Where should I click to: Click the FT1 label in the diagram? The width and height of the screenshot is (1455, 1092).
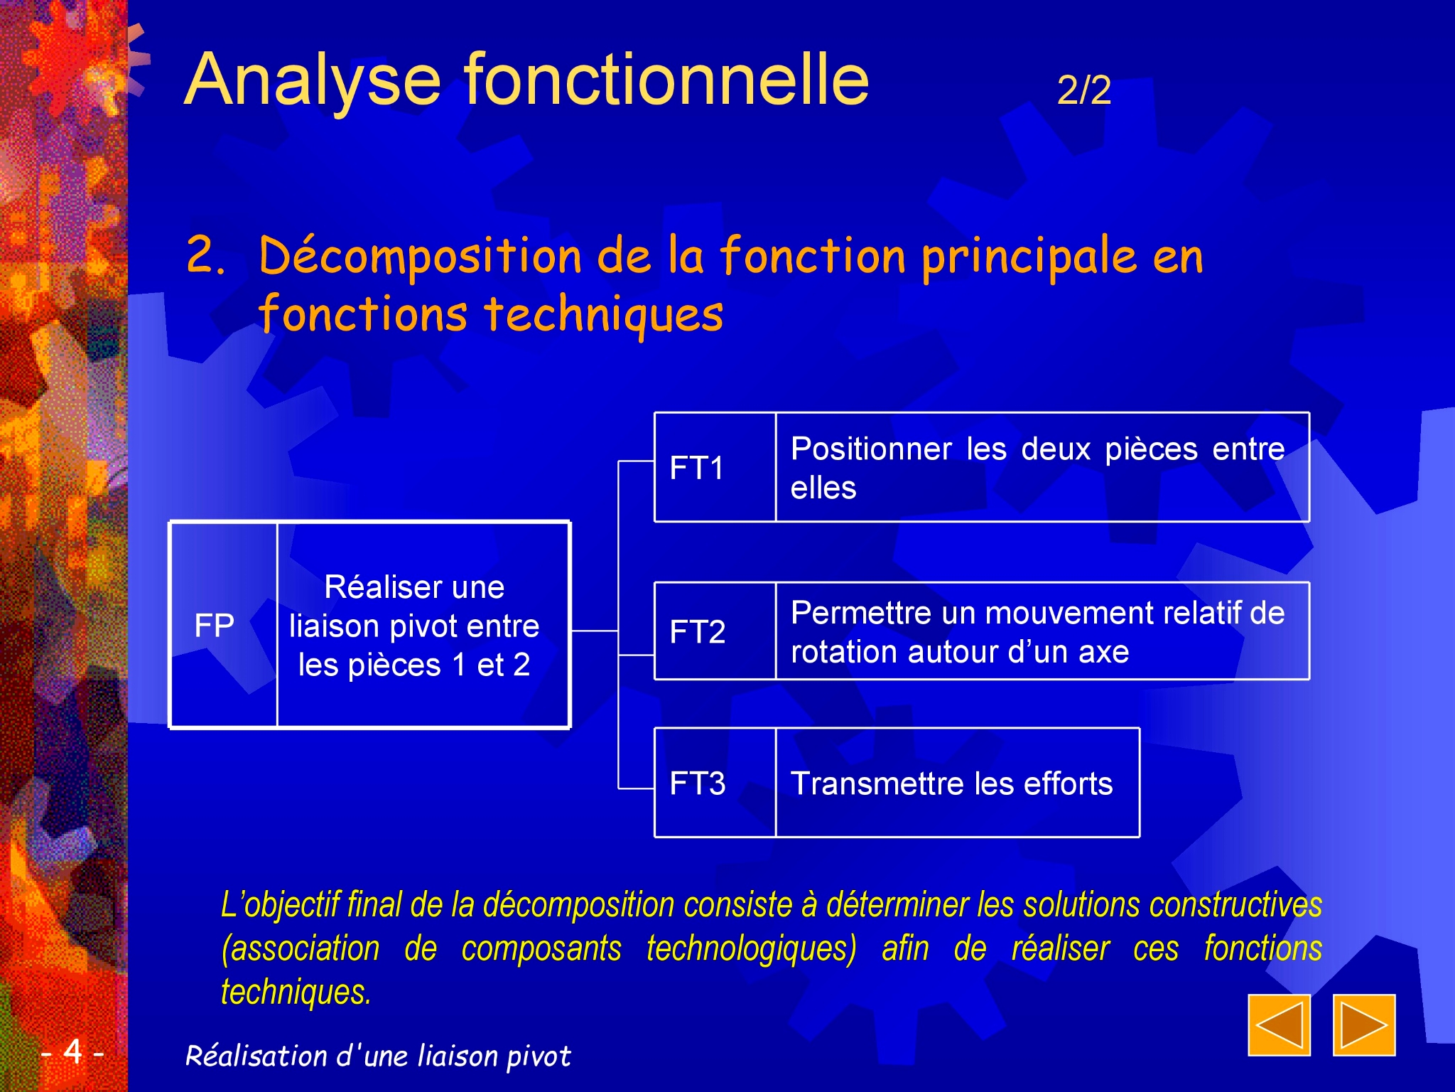(696, 468)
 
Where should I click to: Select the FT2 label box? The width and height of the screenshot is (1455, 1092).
(715, 631)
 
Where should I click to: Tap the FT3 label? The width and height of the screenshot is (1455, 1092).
(698, 783)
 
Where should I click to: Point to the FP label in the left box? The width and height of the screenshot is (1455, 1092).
(214, 626)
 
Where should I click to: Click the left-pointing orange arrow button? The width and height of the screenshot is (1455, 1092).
(1279, 1024)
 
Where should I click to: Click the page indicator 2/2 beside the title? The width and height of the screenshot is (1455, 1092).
(1084, 90)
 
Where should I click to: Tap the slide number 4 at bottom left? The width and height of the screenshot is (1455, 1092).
(72, 1051)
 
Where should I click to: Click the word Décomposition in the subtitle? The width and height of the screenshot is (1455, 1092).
(421, 256)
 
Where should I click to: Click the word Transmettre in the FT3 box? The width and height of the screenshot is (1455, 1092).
(879, 783)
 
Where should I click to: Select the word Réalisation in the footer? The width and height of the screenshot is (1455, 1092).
(256, 1056)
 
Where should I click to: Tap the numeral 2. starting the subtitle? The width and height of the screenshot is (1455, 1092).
(206, 255)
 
